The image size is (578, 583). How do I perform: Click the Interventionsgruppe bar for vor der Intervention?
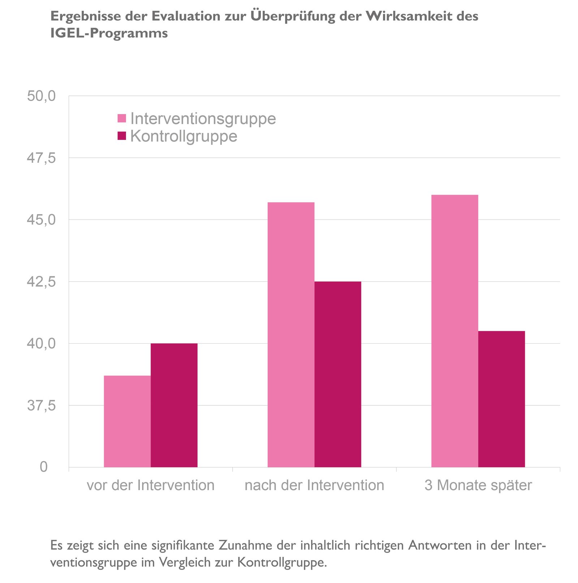click(x=127, y=421)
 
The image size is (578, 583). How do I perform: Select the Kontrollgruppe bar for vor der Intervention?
click(x=174, y=405)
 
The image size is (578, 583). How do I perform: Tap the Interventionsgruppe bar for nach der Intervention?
click(x=291, y=335)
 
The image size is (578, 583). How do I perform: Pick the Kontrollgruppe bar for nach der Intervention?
click(x=338, y=374)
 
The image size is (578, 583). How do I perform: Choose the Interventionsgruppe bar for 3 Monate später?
click(x=455, y=331)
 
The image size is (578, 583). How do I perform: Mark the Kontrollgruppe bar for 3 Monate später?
click(x=501, y=399)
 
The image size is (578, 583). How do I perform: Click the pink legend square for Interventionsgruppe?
click(x=122, y=119)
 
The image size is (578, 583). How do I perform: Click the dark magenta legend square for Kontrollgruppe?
click(x=122, y=136)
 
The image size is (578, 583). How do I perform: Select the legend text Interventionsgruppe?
click(x=203, y=119)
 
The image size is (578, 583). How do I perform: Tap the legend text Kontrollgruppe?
click(x=184, y=136)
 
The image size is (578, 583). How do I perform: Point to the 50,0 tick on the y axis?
click(x=42, y=96)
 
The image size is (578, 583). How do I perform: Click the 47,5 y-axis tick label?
click(x=42, y=158)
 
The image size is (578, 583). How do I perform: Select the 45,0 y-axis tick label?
click(x=42, y=220)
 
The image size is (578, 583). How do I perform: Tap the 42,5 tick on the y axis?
click(x=42, y=282)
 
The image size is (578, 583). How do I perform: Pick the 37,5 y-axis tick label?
click(x=42, y=406)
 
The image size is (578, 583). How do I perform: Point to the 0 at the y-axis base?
click(x=44, y=467)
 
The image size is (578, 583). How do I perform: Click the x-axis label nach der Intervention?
click(x=314, y=485)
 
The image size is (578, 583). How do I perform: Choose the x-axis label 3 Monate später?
click(x=478, y=485)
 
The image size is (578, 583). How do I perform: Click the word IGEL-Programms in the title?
click(x=109, y=33)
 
